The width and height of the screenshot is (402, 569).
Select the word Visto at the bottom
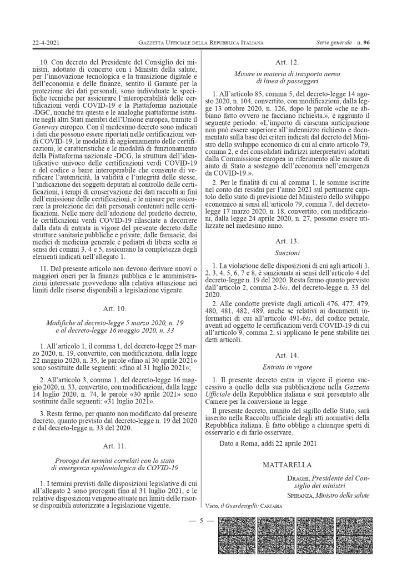(212, 506)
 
